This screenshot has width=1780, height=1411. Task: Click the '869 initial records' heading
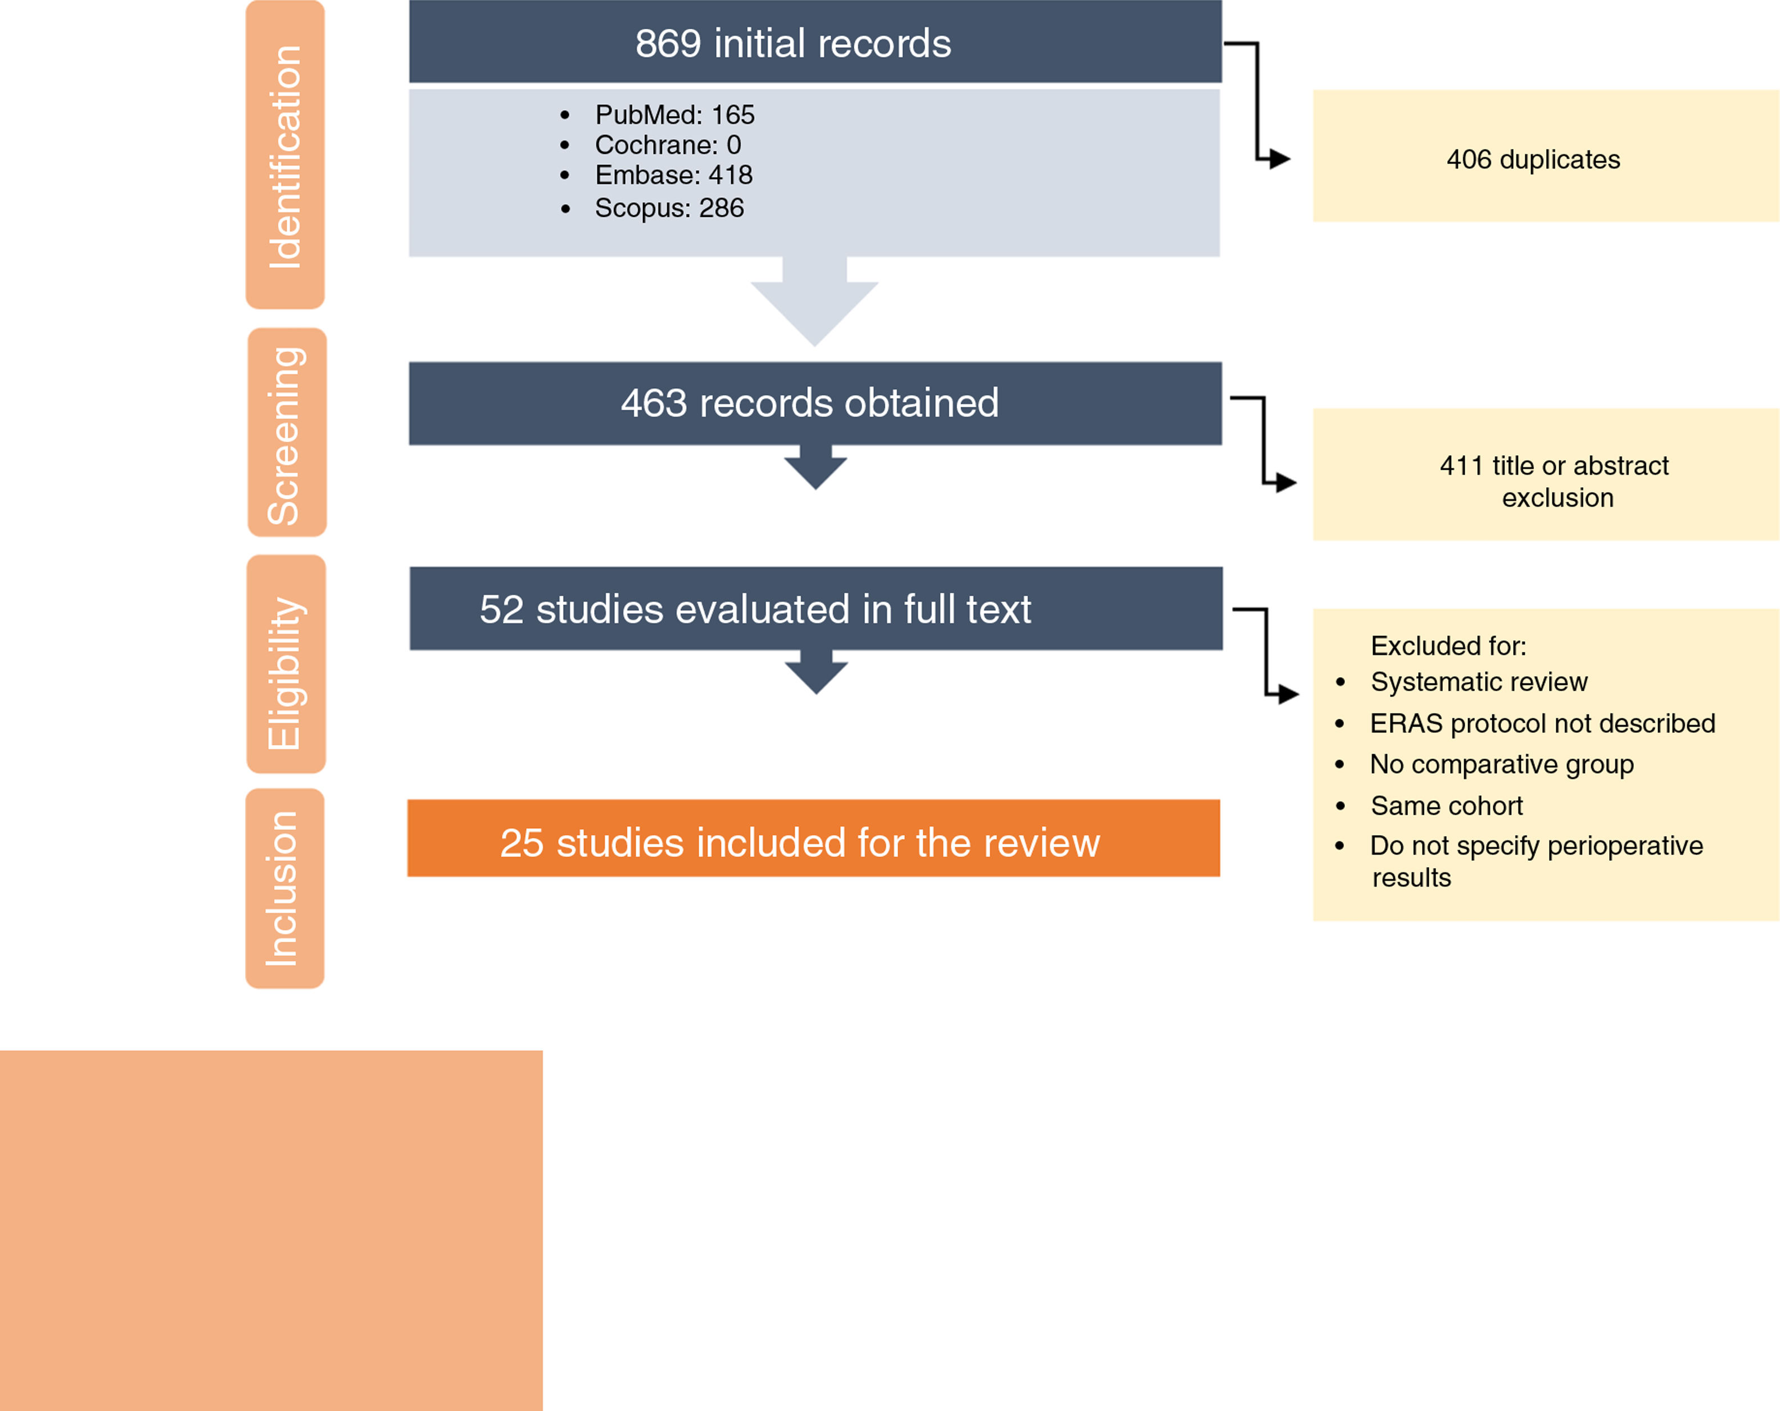pos(792,44)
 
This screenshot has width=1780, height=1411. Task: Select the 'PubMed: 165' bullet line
pos(674,115)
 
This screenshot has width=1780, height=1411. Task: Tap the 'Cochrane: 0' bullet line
pos(667,146)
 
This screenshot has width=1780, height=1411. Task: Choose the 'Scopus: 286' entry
pos(669,208)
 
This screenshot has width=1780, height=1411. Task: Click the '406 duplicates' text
pos(1533,160)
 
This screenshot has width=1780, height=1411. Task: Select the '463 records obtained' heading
pos(809,403)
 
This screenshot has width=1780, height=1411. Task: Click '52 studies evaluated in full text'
pos(755,609)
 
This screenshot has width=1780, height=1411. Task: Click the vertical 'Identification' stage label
pos(286,156)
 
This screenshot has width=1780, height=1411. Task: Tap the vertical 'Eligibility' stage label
pos(286,672)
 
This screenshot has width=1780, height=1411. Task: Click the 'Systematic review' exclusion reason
pos(1479,682)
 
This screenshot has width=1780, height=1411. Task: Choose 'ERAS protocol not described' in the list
pos(1542,723)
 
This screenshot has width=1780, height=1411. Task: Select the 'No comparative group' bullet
pos(1501,765)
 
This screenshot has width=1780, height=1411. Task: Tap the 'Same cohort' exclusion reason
pos(1447,806)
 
